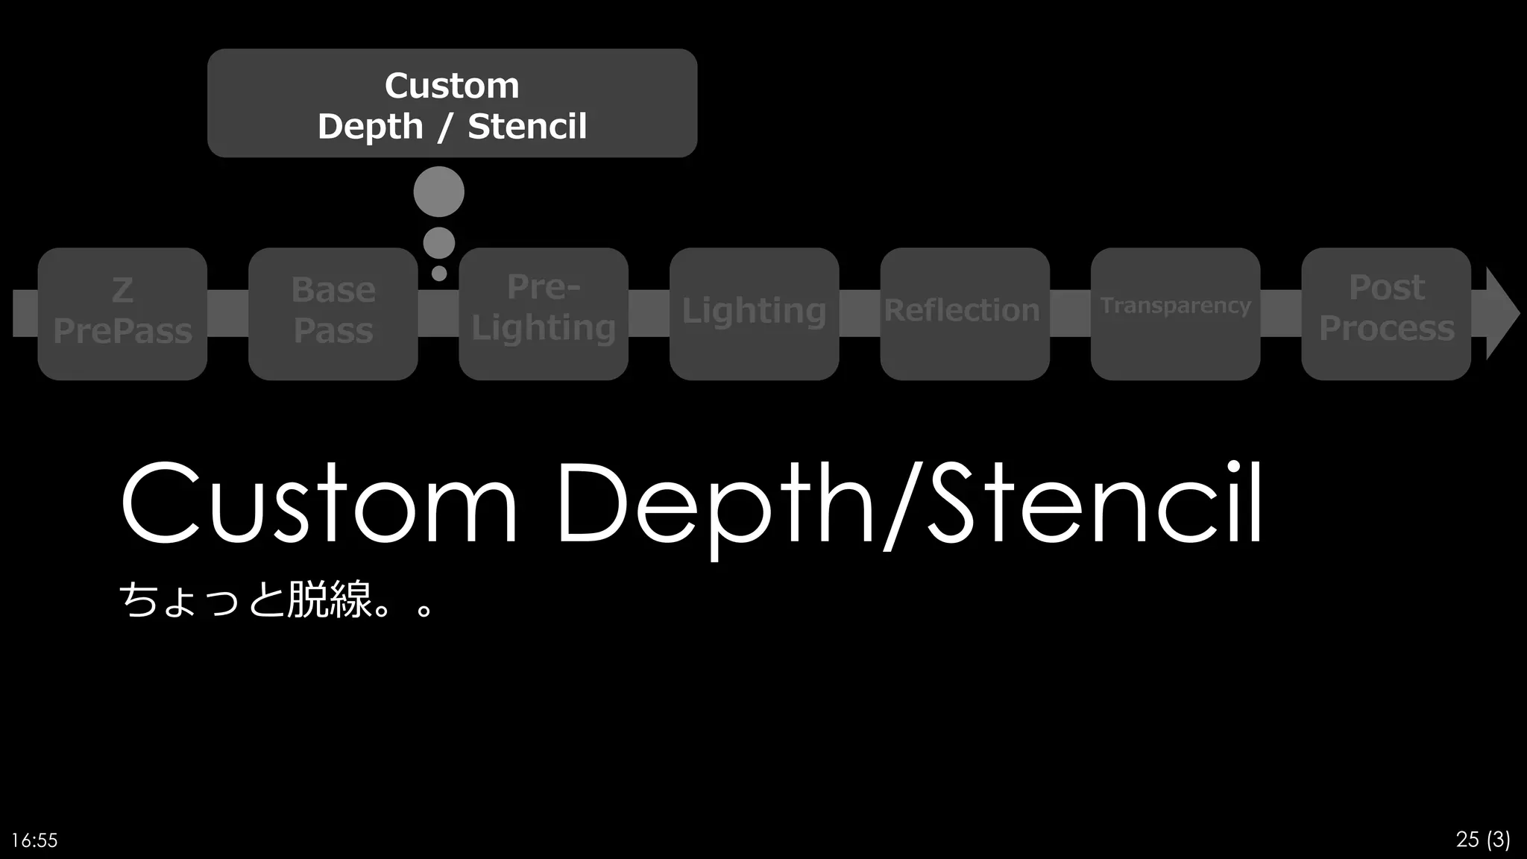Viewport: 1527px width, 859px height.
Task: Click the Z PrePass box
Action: click(122, 313)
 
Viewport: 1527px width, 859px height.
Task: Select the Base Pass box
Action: click(333, 313)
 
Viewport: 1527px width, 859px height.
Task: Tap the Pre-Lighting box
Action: click(544, 313)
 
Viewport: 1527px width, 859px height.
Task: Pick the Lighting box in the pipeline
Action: click(754, 313)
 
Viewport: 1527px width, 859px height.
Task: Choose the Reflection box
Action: click(964, 313)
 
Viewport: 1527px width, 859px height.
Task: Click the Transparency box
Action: click(1175, 313)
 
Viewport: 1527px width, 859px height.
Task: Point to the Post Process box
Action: click(1385, 313)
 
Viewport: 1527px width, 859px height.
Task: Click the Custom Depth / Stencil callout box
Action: click(452, 103)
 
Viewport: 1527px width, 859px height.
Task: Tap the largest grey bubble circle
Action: click(438, 192)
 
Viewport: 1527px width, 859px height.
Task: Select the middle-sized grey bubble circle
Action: click(438, 243)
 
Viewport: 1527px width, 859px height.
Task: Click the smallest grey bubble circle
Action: click(439, 274)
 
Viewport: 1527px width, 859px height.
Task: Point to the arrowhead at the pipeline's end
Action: click(1500, 313)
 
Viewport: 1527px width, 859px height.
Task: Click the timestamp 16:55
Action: click(35, 840)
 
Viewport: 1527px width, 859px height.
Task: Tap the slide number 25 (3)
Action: click(1482, 839)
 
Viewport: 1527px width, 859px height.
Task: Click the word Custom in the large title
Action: click(319, 503)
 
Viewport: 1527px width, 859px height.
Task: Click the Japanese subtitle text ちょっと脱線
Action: click(246, 600)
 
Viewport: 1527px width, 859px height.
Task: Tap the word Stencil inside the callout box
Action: click(527, 126)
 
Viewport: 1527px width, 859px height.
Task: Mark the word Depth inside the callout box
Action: click(371, 127)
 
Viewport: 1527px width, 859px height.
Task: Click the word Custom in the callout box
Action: click(452, 86)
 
